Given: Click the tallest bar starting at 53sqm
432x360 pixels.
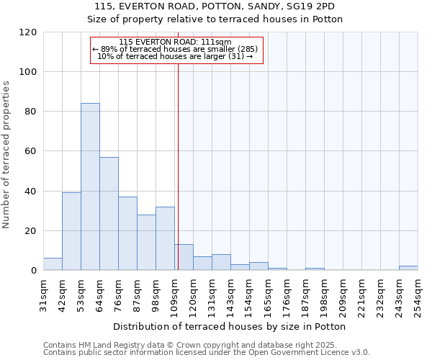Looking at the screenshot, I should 90,187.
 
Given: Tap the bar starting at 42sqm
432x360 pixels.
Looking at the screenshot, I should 71,231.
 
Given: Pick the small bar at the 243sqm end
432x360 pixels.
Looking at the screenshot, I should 408,269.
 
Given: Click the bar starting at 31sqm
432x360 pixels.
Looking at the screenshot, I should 53,264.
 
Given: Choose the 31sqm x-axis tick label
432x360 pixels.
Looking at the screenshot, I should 43,294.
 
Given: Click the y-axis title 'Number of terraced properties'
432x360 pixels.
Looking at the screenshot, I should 6,155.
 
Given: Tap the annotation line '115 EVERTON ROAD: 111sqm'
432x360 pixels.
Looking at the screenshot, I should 175,42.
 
